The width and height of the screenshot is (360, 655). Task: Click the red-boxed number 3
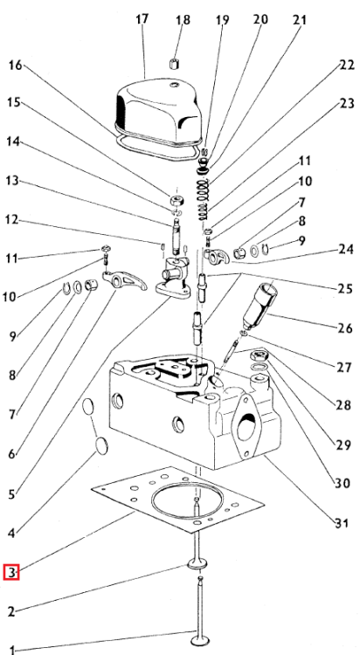coord(11,573)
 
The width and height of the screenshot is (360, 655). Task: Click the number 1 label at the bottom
coord(11,649)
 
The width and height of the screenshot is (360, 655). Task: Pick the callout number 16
coord(16,65)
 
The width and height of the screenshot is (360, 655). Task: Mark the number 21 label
coord(300,19)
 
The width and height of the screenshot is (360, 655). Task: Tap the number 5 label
coord(11,493)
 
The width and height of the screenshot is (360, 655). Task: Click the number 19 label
coord(222,19)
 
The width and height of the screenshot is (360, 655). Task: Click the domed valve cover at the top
coord(160,112)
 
